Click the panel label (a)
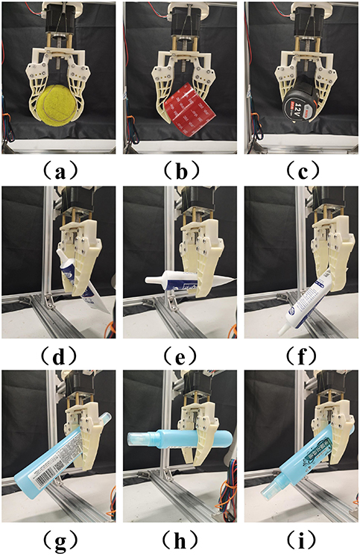coord(59,170)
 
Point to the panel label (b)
coord(180,170)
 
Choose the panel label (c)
coord(300,170)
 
